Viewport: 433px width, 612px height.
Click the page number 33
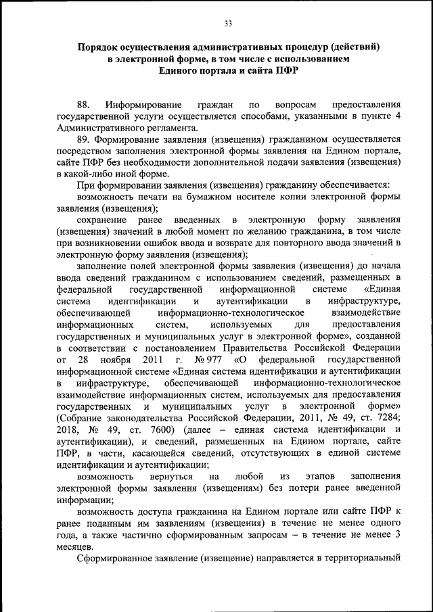coord(228,24)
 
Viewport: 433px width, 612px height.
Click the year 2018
coord(70,429)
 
